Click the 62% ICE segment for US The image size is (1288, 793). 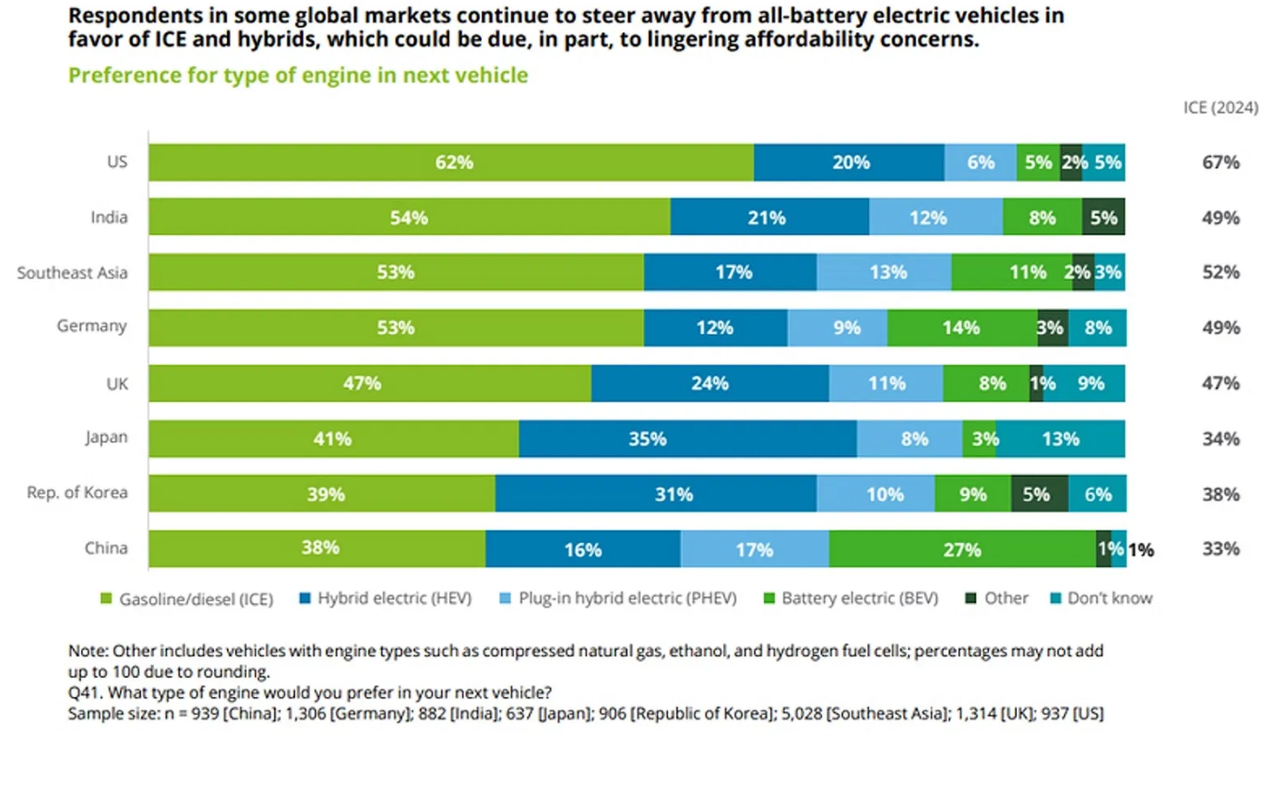pos(451,162)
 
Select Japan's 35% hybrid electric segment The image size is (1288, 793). pos(687,439)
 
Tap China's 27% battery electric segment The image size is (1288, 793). pos(961,550)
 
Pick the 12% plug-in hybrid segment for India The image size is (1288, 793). pos(936,218)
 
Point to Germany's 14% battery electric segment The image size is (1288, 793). pos(962,328)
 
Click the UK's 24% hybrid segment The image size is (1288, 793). pos(710,384)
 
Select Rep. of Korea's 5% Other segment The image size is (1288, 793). pos(1040,494)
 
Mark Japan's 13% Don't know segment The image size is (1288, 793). pos(1060,439)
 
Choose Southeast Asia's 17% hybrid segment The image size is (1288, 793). pos(730,273)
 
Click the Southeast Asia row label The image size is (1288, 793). pos(72,273)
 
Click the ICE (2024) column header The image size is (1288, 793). pos(1221,108)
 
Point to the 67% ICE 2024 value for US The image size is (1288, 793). pos(1221,162)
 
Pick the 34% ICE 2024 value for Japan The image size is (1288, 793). pos(1221,439)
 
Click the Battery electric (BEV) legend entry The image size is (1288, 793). pos(859,598)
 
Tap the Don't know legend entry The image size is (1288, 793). pos(1108,598)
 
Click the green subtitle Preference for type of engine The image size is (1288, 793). pos(298,76)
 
